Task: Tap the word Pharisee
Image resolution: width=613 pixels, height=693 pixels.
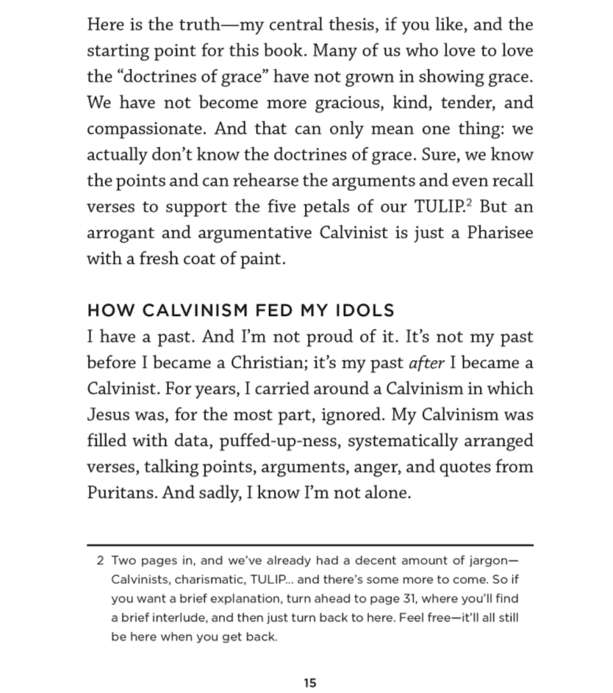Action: point(496,232)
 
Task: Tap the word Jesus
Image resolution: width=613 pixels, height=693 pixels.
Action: point(108,414)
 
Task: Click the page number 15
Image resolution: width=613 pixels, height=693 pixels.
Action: point(310,683)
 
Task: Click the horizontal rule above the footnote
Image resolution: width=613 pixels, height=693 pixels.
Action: point(310,544)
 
